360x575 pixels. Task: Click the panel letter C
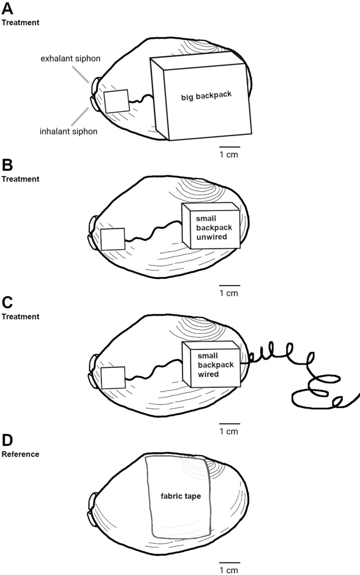(x=8, y=303)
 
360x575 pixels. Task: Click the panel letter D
(x=8, y=440)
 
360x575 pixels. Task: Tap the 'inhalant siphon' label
(x=68, y=131)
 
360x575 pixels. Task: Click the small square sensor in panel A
(x=116, y=101)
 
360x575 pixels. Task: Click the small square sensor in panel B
(x=112, y=239)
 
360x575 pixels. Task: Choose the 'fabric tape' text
(x=178, y=495)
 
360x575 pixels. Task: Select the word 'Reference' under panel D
(x=20, y=454)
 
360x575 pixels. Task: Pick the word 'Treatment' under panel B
(x=20, y=179)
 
